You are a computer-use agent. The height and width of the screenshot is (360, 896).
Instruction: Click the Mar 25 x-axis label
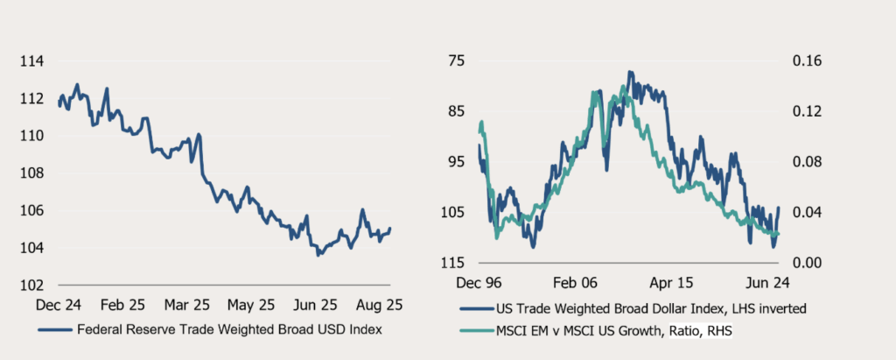coord(185,307)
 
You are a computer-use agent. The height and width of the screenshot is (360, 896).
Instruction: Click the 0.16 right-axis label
coord(808,61)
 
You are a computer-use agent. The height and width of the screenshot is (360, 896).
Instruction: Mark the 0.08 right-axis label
coord(808,162)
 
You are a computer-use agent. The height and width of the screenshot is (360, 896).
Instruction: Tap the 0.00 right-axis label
coord(808,263)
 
